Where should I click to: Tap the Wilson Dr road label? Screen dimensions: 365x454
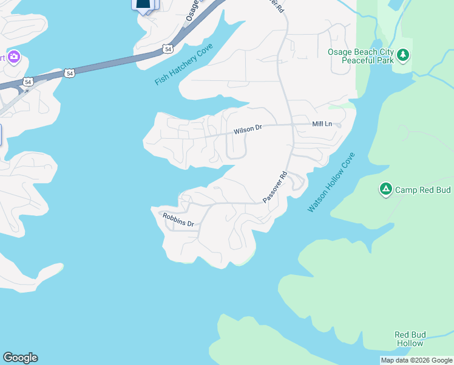(x=248, y=129)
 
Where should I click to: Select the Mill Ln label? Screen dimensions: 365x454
(x=322, y=124)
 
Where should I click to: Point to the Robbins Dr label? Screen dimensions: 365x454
(x=177, y=220)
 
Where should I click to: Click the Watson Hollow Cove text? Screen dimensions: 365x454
(x=330, y=182)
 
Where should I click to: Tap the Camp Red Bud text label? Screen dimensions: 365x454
(x=423, y=190)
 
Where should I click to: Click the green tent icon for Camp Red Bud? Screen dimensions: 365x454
(x=385, y=189)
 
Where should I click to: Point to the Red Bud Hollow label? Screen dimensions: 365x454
(x=409, y=339)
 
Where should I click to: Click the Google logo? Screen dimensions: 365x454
(x=20, y=358)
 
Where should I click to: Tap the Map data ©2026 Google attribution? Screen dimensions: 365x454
(x=416, y=360)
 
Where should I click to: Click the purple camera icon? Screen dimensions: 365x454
(x=13, y=58)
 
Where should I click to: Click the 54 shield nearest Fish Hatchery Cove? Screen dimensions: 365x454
(x=167, y=48)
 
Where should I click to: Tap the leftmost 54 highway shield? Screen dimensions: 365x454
(x=28, y=81)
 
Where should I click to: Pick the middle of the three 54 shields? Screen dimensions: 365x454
(x=70, y=73)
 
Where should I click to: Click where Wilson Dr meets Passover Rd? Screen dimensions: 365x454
(x=291, y=125)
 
